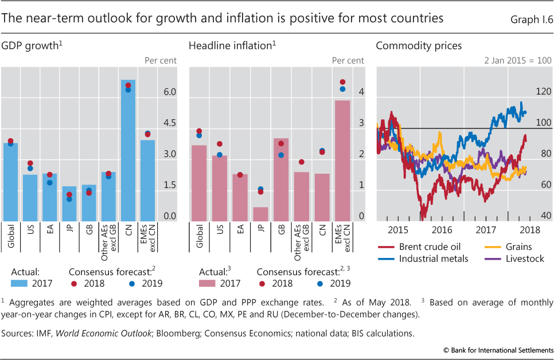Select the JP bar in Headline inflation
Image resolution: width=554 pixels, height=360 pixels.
point(260,214)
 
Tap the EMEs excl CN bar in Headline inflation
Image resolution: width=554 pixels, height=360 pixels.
point(342,161)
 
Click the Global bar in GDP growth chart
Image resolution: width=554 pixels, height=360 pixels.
point(11,182)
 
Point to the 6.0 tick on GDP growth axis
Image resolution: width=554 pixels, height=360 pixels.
point(169,92)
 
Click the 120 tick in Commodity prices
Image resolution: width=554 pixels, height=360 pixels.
point(544,91)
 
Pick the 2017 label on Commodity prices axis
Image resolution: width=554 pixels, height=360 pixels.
point(486,229)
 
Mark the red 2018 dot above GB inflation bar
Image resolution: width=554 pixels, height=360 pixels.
point(281,143)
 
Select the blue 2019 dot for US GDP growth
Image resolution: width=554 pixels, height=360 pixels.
point(30,169)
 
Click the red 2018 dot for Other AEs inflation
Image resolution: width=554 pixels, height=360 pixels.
point(302,162)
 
